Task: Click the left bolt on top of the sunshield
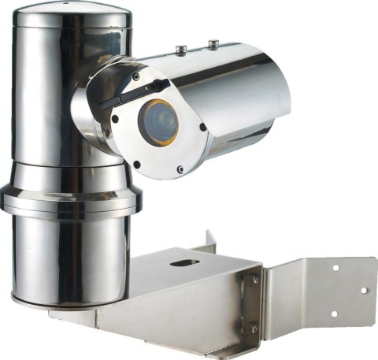coord(180,50)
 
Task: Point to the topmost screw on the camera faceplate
coord(135,77)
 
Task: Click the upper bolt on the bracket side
coord(254,278)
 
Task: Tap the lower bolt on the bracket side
coord(254,328)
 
